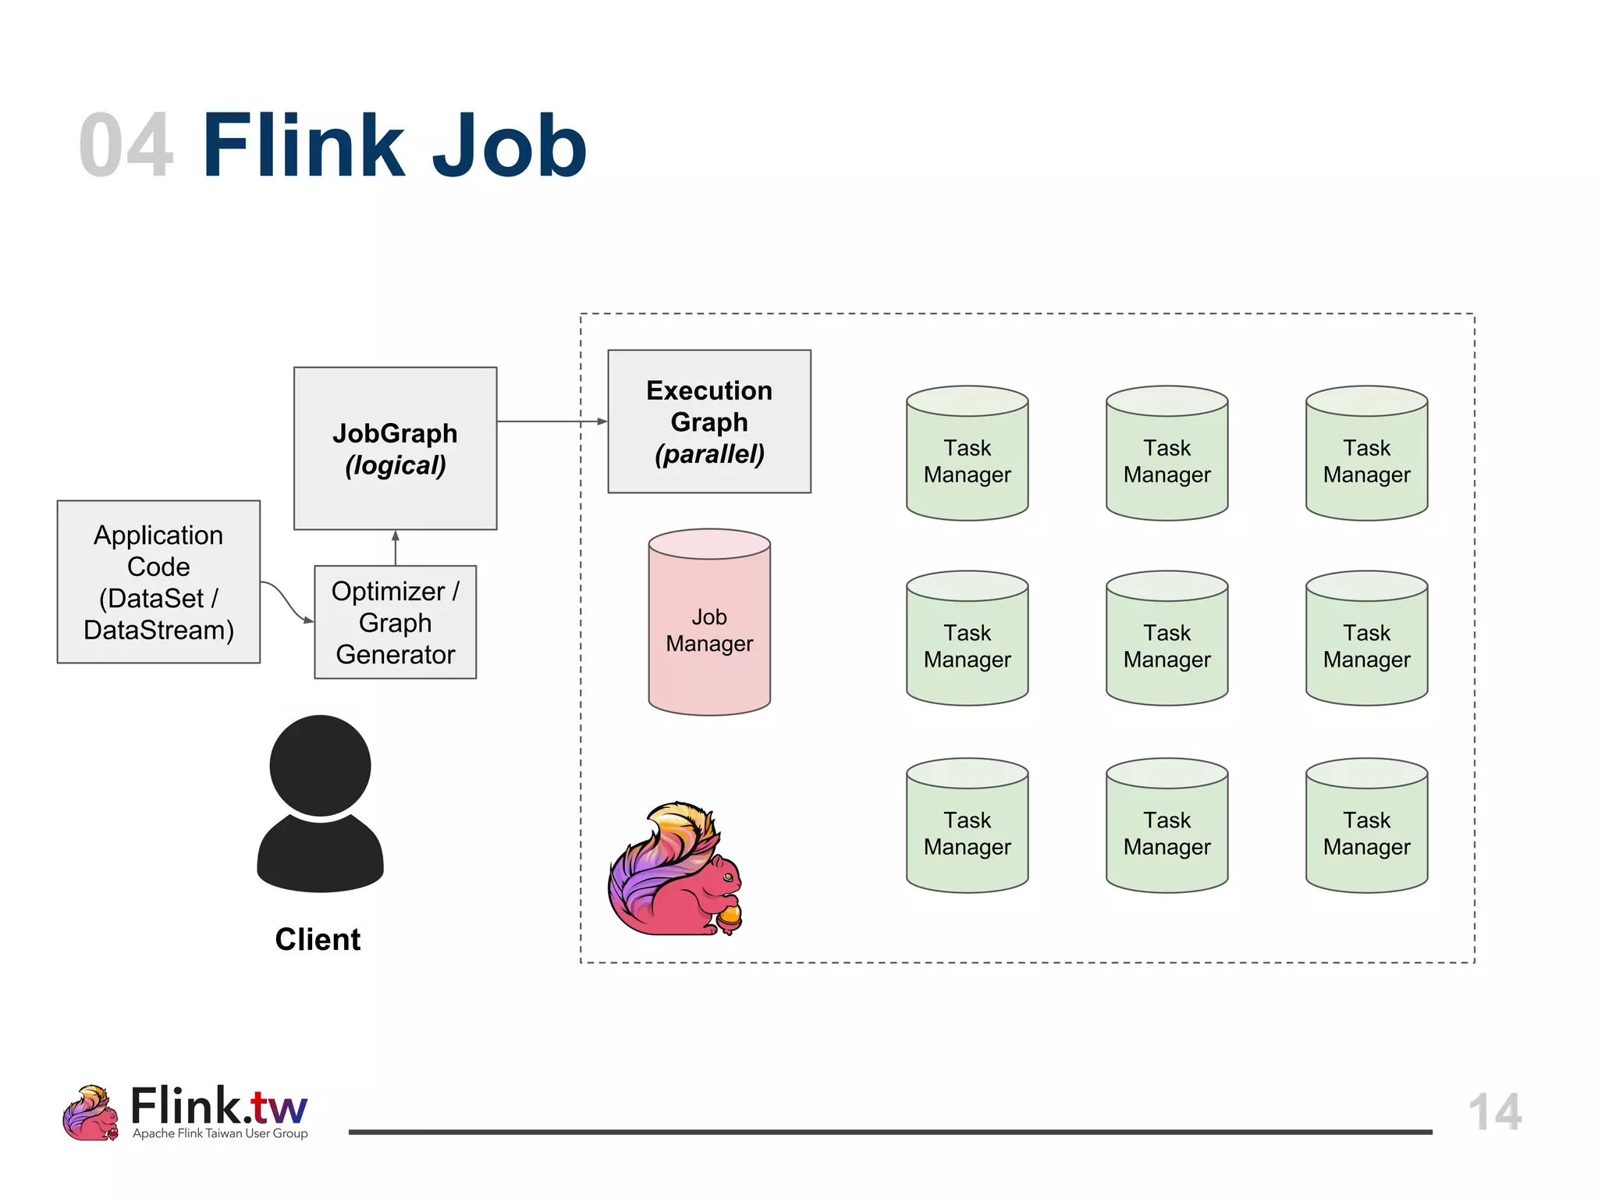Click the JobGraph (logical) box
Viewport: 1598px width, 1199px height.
395,449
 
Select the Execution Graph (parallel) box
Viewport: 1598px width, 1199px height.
708,422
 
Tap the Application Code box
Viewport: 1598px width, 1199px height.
158,582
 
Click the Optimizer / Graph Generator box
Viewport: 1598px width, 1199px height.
395,622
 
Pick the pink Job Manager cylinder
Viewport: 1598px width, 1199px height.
708,624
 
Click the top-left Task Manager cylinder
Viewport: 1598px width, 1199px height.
967,457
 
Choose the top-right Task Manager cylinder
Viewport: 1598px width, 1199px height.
1366,457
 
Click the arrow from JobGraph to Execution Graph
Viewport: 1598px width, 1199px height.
551,422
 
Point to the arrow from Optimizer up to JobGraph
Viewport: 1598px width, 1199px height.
396,548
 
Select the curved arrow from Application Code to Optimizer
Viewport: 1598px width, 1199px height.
286,599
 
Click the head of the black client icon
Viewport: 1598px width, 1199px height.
320,765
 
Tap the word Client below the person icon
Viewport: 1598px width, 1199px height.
318,939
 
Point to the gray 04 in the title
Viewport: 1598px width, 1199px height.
126,146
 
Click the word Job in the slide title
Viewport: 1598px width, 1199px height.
509,146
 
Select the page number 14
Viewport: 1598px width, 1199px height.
1494,1112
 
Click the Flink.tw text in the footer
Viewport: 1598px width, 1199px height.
218,1106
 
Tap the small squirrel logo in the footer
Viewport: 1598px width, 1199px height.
91,1113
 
